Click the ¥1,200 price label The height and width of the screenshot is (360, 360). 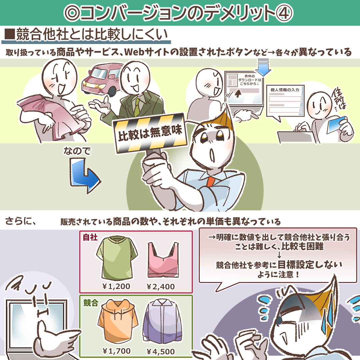116,287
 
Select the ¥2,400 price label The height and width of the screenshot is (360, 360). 160,287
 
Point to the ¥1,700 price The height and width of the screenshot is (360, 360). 116,351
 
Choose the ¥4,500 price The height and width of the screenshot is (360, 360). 160,352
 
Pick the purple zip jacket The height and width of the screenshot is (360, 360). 162,321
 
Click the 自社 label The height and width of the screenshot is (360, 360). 90,237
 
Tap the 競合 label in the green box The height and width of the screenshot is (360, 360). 91,303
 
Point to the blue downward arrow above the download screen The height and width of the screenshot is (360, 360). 263,67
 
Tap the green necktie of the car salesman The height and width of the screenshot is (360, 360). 137,107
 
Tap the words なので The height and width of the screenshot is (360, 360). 77,151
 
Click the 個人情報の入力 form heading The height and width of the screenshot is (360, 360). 285,90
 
